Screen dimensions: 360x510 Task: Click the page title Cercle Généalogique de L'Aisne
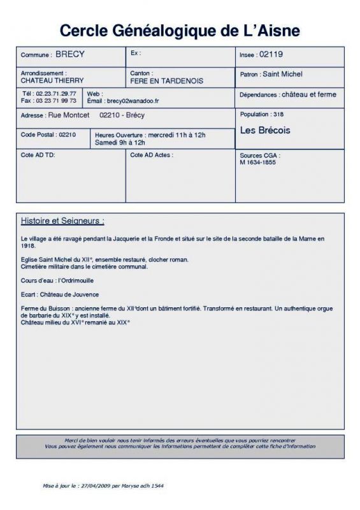(180, 31)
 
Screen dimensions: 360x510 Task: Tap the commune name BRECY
(70, 54)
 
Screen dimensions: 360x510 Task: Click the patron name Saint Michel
(282, 75)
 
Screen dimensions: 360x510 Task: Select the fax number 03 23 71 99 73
(57, 101)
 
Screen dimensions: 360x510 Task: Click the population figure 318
(277, 115)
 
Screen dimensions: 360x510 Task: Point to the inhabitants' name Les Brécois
(265, 131)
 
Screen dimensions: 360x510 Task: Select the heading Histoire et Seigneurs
(62, 221)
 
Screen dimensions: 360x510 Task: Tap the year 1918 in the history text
(27, 245)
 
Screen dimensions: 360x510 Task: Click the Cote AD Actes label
(151, 155)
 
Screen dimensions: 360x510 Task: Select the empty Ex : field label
(135, 54)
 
